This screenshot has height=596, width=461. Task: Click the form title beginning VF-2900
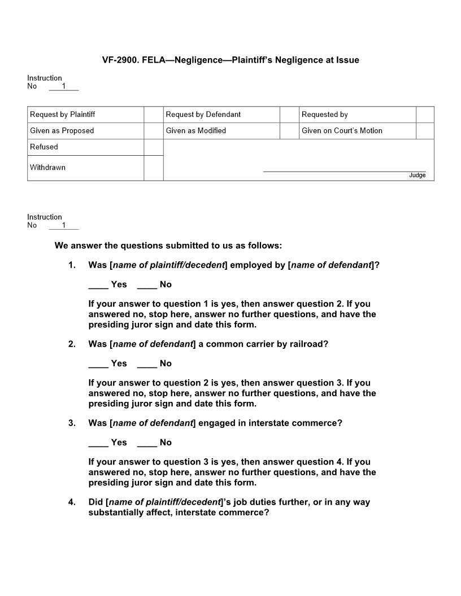coord(230,60)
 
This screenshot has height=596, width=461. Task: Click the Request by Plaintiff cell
coord(85,115)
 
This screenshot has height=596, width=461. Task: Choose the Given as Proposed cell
coord(85,131)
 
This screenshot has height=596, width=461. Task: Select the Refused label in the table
coord(44,147)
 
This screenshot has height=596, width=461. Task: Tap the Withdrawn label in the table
coord(48,168)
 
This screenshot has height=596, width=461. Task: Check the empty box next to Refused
coord(153,147)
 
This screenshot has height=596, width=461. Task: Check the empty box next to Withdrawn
coord(153,168)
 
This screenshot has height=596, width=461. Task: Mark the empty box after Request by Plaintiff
coord(153,115)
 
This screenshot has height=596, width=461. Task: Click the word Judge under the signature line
coord(417,176)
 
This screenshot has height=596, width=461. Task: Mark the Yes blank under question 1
coord(98,285)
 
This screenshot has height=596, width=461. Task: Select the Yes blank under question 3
coord(98,443)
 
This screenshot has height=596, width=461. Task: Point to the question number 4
coord(72,502)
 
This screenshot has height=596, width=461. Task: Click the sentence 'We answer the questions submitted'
coord(168,246)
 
